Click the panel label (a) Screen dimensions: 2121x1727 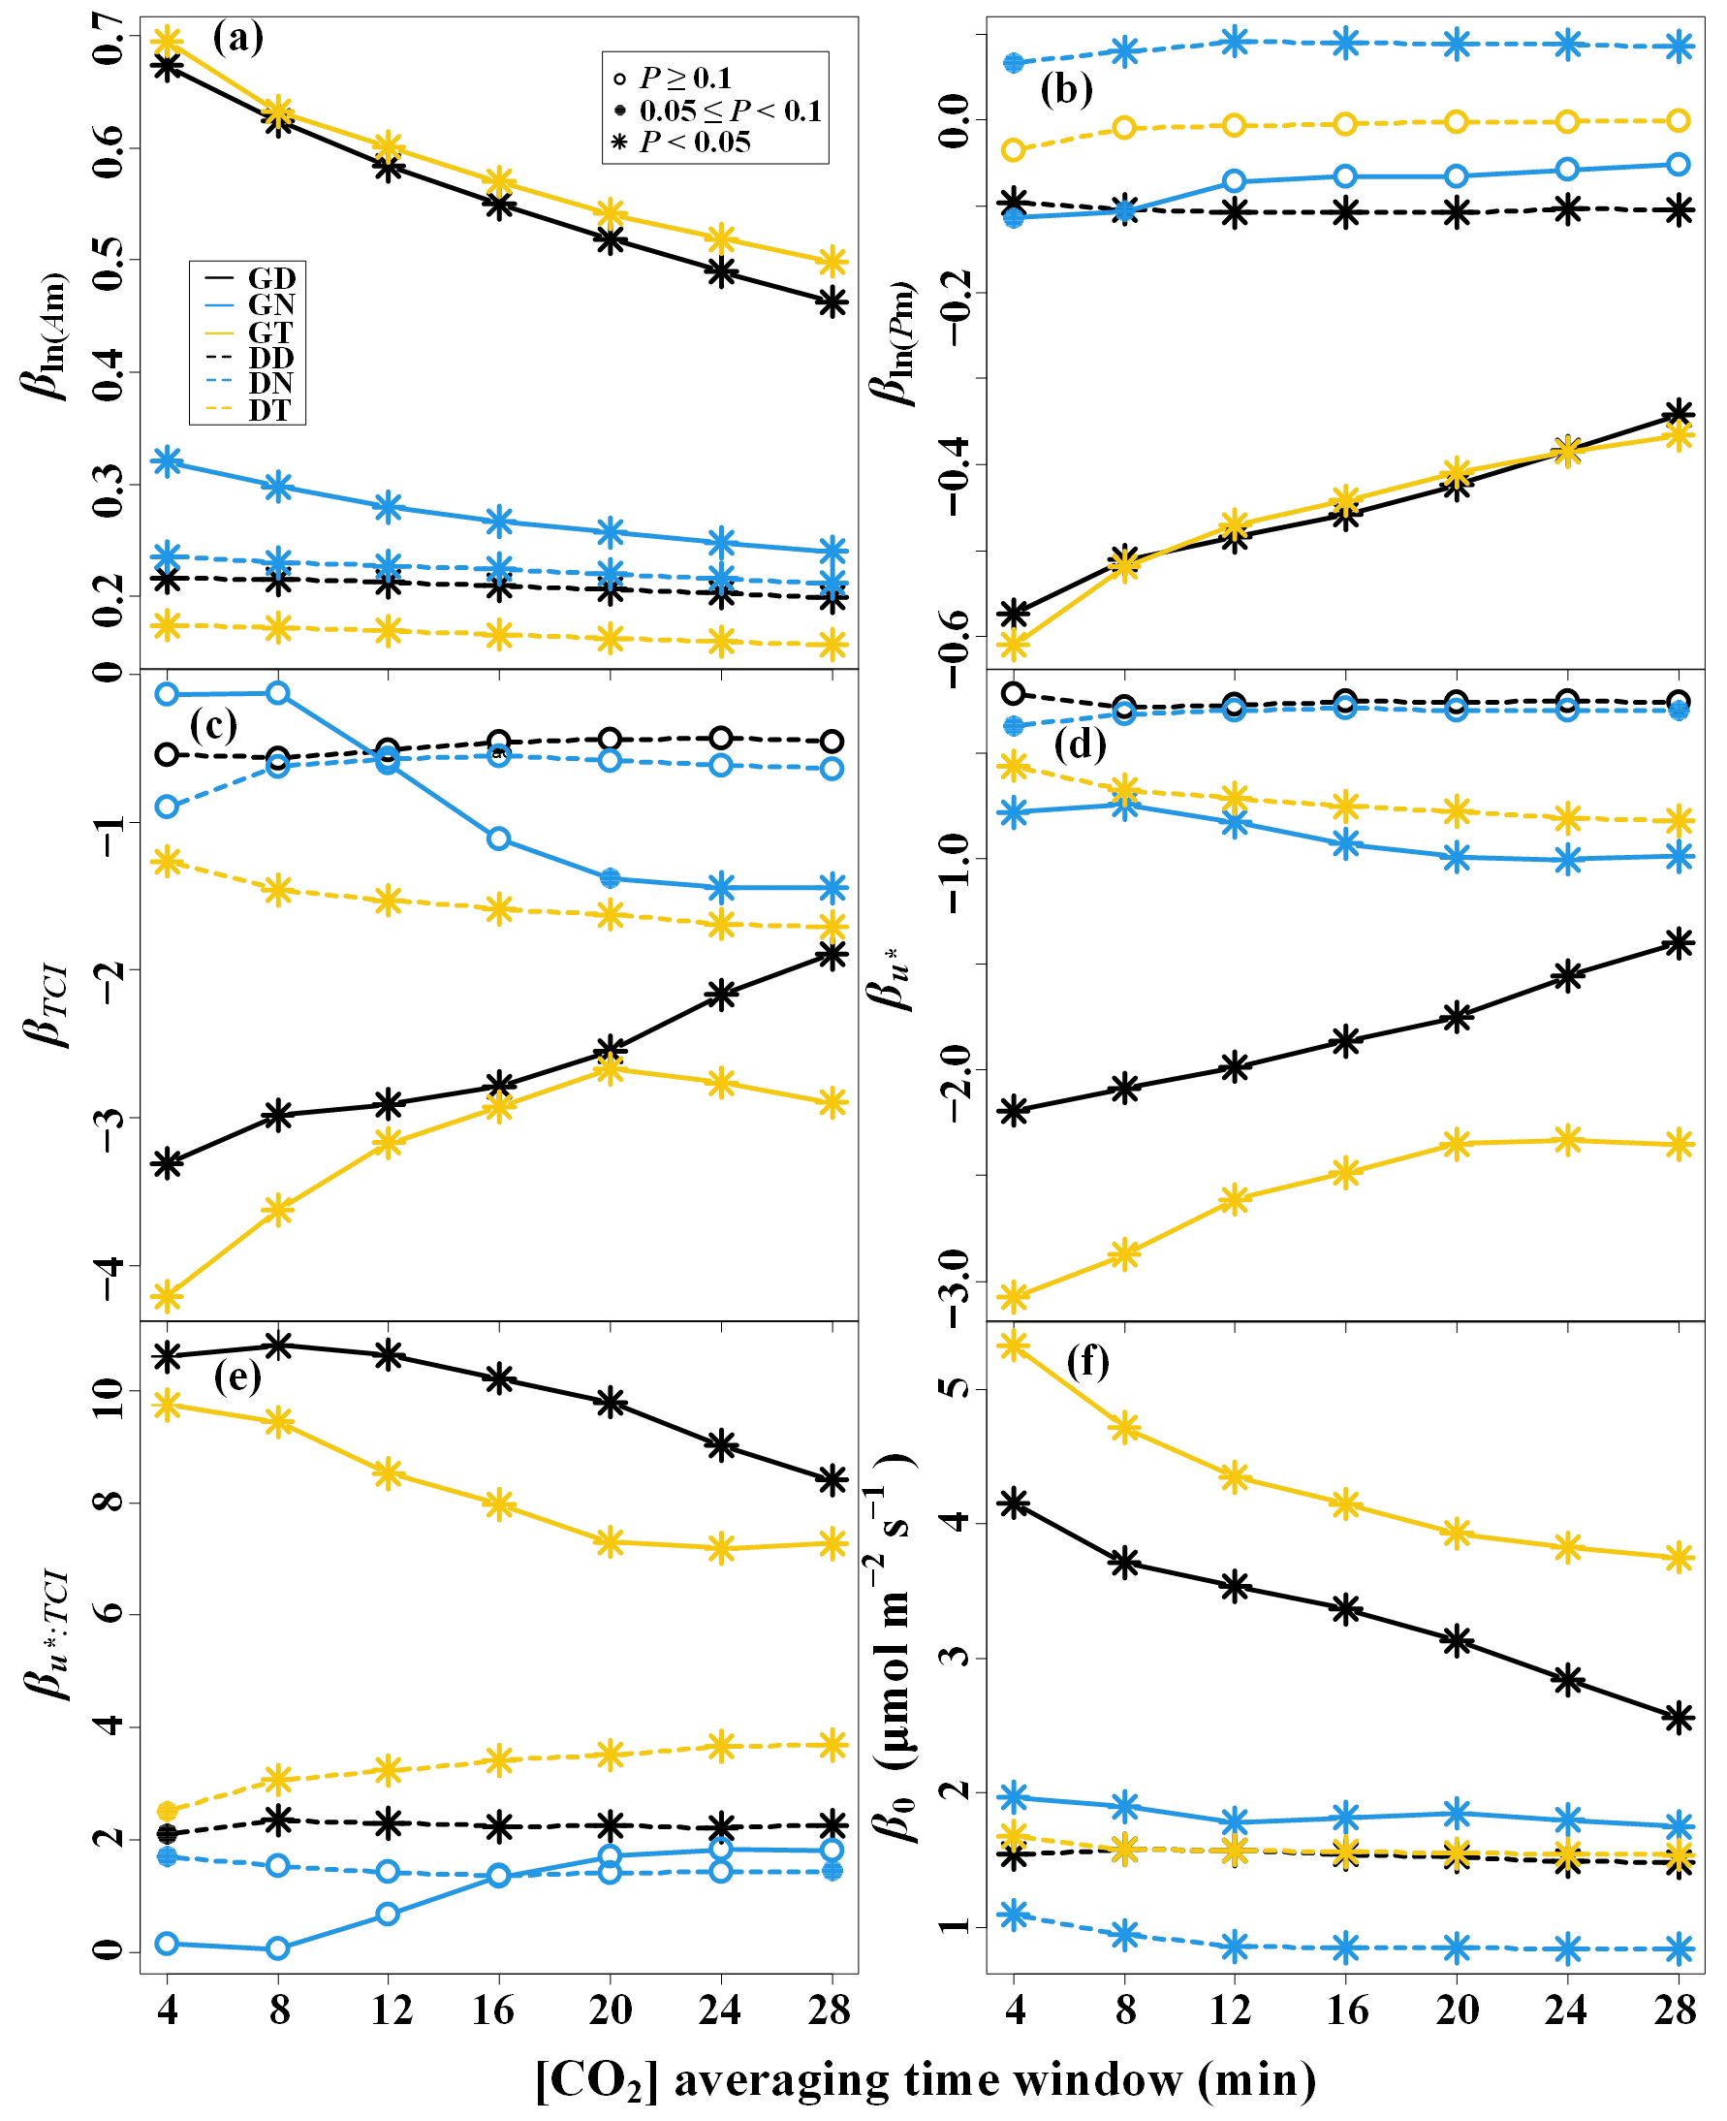click(x=237, y=39)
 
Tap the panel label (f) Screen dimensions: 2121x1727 click(x=1087, y=1361)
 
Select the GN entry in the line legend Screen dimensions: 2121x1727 click(x=270, y=304)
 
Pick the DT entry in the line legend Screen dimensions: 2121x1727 click(x=268, y=410)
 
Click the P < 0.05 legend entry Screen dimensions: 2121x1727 click(x=694, y=142)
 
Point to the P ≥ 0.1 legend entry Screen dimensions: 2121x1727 click(x=685, y=78)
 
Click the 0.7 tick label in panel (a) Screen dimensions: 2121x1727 click(x=110, y=38)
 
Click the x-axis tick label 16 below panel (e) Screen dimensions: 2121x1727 click(x=494, y=2010)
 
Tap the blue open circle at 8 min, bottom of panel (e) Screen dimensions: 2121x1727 click(x=278, y=1947)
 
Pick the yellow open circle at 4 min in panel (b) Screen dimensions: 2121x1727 click(x=1014, y=150)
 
